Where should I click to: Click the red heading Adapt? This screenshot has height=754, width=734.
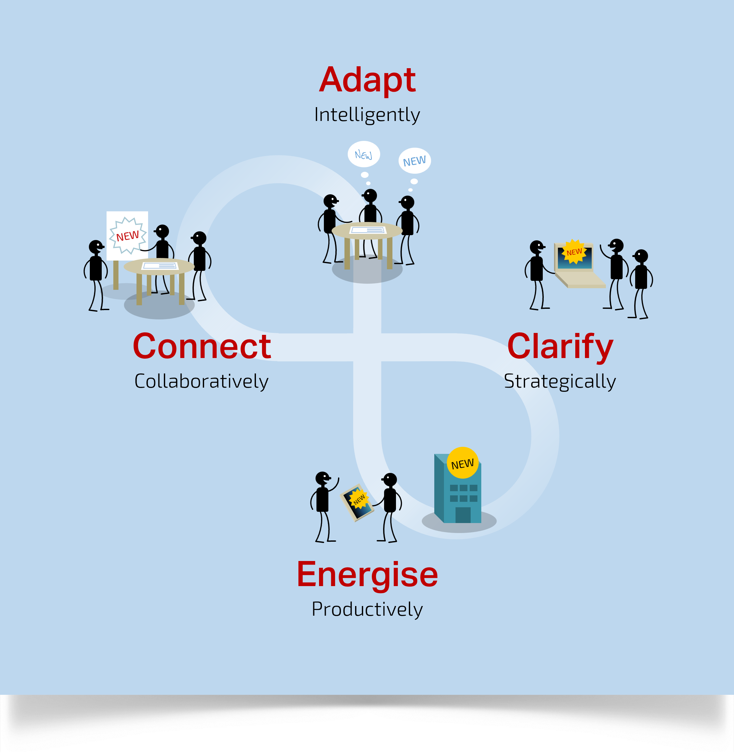(367, 80)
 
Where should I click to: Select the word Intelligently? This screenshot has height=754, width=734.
(367, 115)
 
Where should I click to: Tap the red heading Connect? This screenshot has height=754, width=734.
(202, 347)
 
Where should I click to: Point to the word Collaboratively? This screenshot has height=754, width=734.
(201, 382)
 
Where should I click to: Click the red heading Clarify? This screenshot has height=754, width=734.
(560, 347)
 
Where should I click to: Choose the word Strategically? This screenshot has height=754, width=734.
(560, 382)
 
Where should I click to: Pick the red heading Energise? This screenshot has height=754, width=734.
(367, 575)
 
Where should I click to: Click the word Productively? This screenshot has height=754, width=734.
(367, 610)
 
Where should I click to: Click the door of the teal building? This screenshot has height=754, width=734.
(463, 515)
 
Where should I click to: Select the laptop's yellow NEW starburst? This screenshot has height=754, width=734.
(574, 252)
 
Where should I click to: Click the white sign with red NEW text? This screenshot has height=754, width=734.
(127, 236)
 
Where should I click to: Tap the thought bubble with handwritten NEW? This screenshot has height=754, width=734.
(363, 154)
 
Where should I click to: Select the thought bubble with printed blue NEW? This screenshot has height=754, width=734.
(414, 161)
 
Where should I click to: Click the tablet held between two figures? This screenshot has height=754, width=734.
(357, 502)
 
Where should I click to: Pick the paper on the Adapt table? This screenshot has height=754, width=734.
(367, 230)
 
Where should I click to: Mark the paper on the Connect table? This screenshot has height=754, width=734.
(160, 266)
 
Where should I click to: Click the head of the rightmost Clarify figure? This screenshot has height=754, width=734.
(641, 256)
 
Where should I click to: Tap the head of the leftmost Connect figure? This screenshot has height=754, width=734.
(96, 247)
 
